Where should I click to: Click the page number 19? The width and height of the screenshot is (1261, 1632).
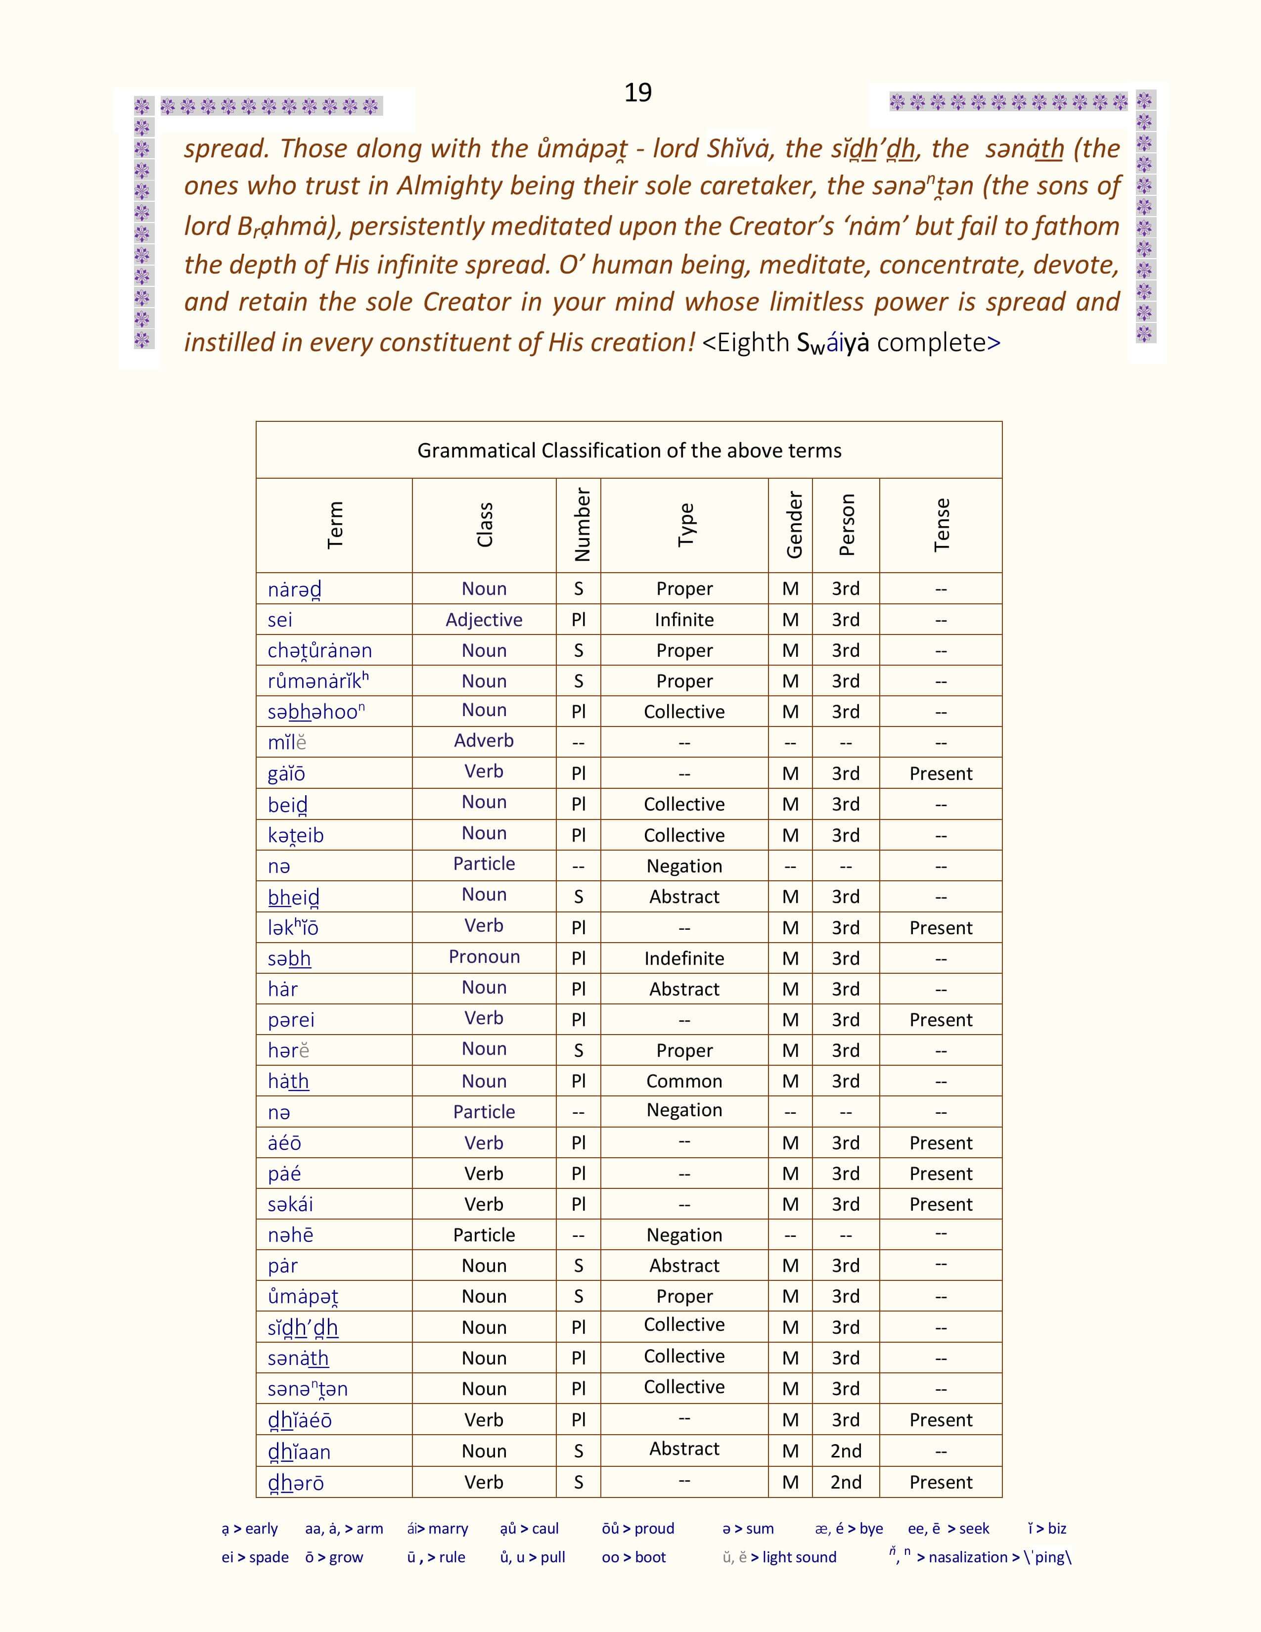[x=638, y=92]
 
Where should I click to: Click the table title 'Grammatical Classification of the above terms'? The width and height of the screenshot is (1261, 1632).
[x=629, y=451]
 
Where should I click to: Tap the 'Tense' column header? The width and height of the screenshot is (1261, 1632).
[x=941, y=525]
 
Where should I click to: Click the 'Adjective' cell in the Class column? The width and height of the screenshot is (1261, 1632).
[x=484, y=620]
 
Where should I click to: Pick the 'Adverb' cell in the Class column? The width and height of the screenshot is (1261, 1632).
[x=484, y=740]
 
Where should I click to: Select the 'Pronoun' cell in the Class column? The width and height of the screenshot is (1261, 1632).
[x=484, y=956]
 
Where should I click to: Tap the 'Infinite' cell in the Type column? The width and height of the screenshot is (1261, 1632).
[x=684, y=620]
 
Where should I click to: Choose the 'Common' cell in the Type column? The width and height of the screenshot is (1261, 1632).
[x=684, y=1081]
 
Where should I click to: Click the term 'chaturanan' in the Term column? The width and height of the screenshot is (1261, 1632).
[x=320, y=651]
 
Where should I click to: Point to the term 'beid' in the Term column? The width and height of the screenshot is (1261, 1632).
[x=288, y=805]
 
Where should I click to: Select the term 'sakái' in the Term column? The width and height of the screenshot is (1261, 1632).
[x=291, y=1204]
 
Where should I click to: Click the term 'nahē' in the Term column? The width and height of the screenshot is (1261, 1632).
[x=291, y=1234]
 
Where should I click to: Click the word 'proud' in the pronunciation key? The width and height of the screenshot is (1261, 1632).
[x=654, y=1528]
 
